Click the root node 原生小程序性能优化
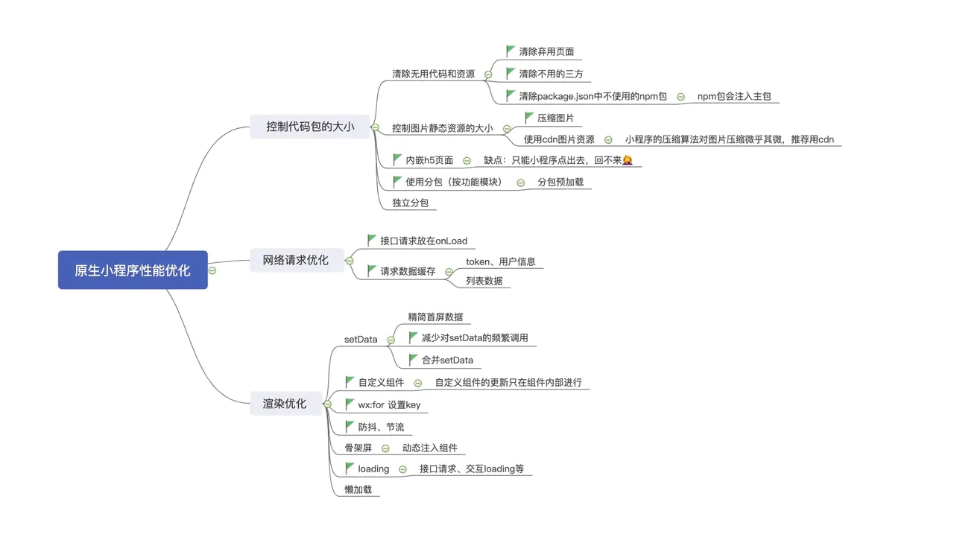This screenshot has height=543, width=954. point(133,270)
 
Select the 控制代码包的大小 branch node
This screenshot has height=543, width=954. point(310,127)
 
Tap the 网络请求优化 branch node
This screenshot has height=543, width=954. point(295,260)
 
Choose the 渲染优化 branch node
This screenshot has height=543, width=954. point(285,403)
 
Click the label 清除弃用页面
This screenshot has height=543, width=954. point(546,52)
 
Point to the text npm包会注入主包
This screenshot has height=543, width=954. point(734,97)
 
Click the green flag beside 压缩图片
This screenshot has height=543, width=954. point(530,118)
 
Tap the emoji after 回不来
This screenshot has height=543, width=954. point(627,160)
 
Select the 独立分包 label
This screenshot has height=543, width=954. point(410,203)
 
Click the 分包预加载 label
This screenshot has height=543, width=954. point(560,182)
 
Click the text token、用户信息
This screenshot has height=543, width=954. point(500,261)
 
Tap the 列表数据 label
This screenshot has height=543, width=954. point(484,281)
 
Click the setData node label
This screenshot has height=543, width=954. point(361,340)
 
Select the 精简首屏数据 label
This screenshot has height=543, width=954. point(435,317)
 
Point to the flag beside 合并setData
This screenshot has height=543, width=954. point(414,360)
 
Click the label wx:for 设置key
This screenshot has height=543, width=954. point(389,405)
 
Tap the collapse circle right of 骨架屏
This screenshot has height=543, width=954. point(385,448)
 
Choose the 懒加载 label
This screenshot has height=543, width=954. point(358,489)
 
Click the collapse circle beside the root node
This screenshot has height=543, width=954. point(212,270)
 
